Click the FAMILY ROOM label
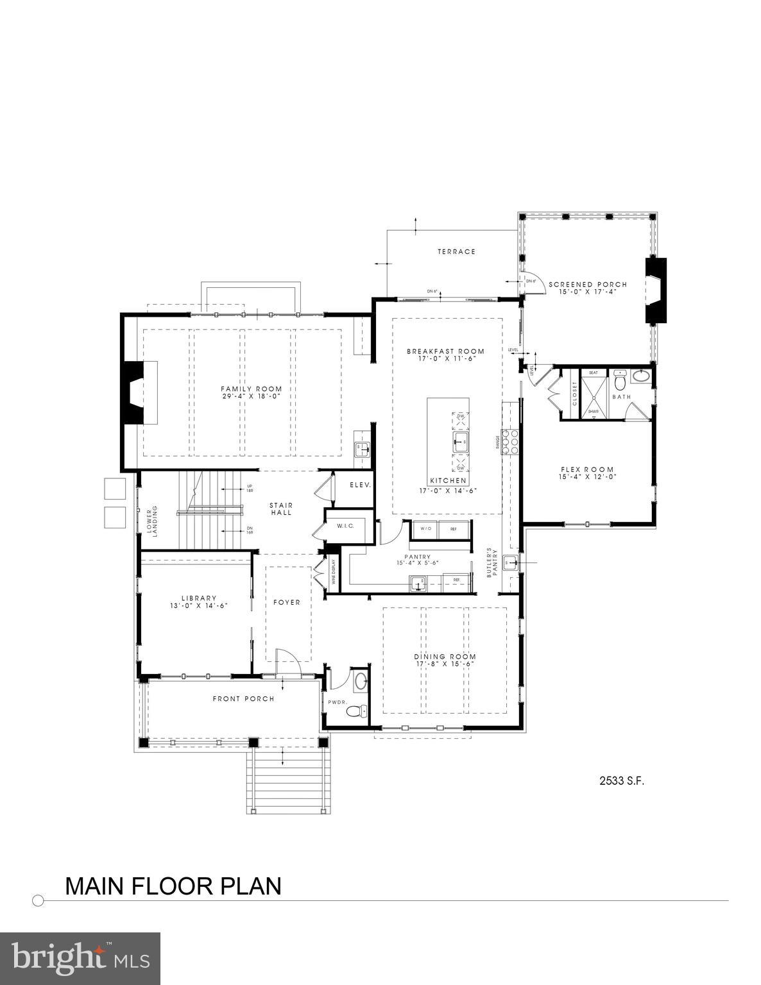(x=251, y=389)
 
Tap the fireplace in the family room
(x=135, y=392)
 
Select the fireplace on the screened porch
(x=654, y=290)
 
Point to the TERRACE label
(x=456, y=251)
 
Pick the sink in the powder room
(x=361, y=680)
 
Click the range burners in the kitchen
(x=511, y=441)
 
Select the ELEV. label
(x=360, y=485)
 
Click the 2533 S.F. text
(x=621, y=780)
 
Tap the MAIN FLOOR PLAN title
(x=173, y=886)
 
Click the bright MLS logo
(x=80, y=958)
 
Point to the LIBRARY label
(x=198, y=598)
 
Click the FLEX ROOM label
(x=586, y=469)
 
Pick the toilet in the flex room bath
(x=619, y=382)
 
